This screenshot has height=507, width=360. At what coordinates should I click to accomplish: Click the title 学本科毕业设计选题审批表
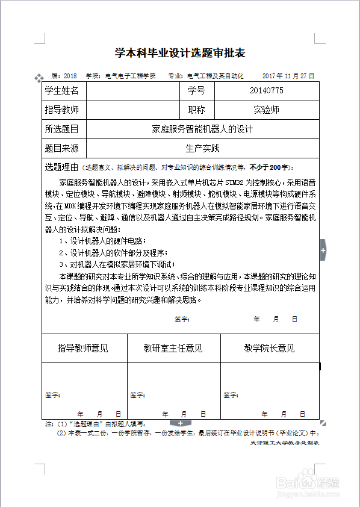click(180, 54)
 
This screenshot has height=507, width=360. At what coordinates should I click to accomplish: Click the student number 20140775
click(266, 91)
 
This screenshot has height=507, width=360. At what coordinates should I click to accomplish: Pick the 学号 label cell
click(196, 91)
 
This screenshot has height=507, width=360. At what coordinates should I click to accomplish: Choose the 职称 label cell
click(196, 110)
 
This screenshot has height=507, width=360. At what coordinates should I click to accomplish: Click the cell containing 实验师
click(266, 110)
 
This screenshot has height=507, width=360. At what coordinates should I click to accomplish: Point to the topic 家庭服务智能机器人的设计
click(202, 129)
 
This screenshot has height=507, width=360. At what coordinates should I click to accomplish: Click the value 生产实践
click(202, 148)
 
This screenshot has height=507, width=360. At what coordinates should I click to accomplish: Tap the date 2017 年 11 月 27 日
click(288, 76)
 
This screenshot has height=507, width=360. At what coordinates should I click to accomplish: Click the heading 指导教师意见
click(83, 348)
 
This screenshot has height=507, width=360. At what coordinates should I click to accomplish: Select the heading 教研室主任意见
click(173, 348)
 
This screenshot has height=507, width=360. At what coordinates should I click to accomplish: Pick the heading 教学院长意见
click(269, 348)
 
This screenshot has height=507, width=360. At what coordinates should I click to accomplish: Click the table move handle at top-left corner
click(39, 78)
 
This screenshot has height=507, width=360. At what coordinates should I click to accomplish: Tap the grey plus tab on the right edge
click(323, 249)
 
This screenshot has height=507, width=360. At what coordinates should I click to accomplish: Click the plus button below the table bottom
click(180, 424)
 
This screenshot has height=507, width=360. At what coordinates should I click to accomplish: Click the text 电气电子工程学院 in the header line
click(130, 76)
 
